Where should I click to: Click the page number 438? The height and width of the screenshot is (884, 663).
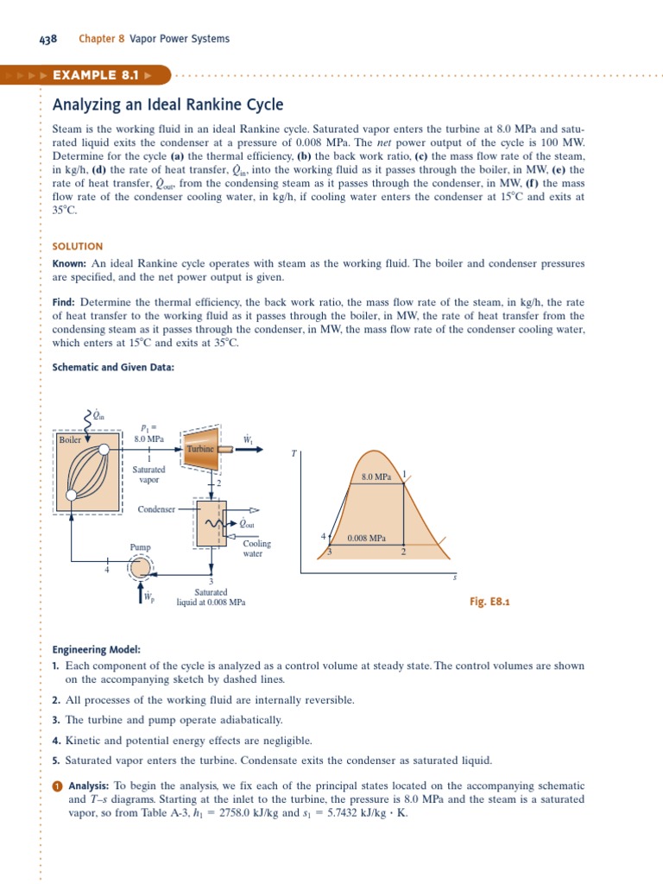[47, 39]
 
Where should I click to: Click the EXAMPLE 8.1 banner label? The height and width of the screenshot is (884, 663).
[95, 75]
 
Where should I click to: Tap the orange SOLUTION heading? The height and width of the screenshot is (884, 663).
[78, 246]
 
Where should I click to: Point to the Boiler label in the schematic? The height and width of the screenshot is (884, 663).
[70, 439]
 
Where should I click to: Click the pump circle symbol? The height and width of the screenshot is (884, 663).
[140, 566]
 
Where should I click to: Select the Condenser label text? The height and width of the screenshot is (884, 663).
[156, 509]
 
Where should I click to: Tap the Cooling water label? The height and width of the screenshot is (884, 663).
[256, 549]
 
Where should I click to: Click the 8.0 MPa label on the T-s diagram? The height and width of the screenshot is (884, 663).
[376, 477]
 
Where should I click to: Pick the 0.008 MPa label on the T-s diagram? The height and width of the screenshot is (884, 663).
[366, 538]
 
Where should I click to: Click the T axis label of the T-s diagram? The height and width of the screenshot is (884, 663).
[294, 452]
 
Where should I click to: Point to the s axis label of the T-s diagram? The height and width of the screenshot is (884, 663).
[455, 578]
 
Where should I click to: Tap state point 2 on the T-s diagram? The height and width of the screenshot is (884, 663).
[403, 552]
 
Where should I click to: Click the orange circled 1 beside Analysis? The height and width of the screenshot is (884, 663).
[57, 786]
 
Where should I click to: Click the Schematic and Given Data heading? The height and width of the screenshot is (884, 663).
[113, 367]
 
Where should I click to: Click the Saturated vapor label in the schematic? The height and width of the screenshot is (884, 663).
[149, 475]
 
